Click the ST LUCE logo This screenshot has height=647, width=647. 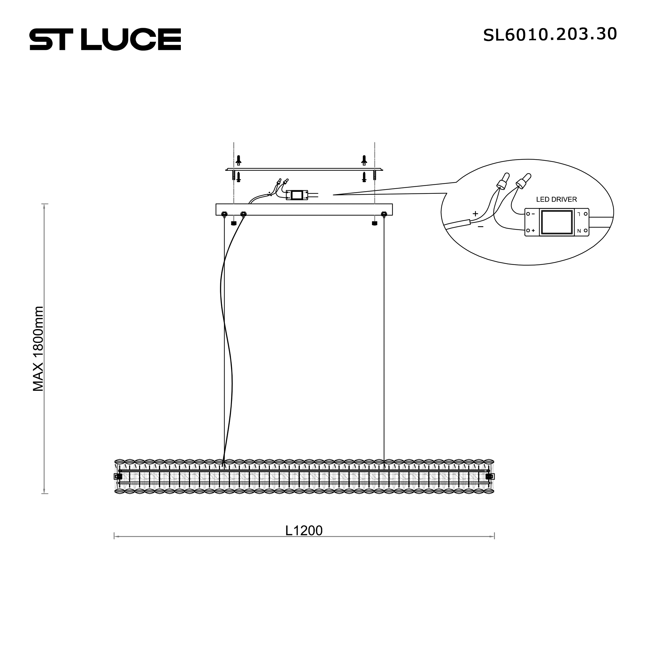coord(105,39)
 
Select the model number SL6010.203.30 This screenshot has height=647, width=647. coord(550,35)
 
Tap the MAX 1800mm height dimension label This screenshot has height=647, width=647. coord(38,349)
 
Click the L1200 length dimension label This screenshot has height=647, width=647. coord(304,531)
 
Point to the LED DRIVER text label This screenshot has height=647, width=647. coord(556,200)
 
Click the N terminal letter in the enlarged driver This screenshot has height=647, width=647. coord(579,231)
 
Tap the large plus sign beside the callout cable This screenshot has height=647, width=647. coord(475,214)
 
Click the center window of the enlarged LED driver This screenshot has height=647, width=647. coord(556,222)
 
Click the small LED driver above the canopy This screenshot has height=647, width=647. coord(297,195)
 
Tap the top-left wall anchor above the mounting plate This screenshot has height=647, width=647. coord(238,160)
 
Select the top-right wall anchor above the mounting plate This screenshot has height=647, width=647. coord(364,160)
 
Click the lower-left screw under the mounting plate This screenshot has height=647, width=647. coord(238,177)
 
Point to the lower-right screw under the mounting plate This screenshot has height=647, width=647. coord(364,177)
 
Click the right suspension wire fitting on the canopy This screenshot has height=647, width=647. coord(384,214)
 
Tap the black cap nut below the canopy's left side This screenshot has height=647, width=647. coord(234,223)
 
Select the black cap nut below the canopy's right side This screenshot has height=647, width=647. coord(374,223)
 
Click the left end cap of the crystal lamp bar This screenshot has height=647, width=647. coord(118,477)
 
